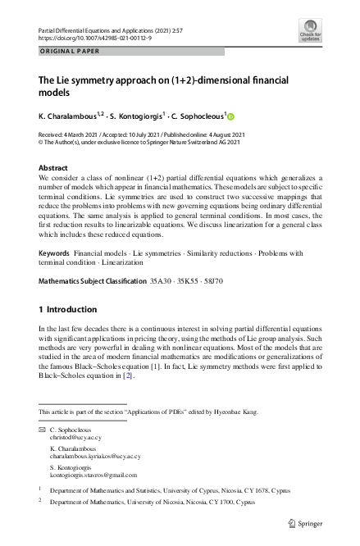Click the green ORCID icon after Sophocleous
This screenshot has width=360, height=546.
[231, 116]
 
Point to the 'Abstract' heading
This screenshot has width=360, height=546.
[53, 167]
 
